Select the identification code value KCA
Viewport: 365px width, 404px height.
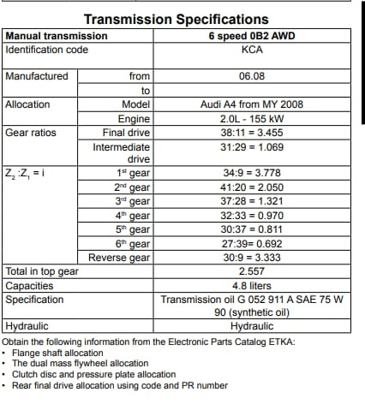(252, 50)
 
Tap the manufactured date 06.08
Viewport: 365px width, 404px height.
(252, 76)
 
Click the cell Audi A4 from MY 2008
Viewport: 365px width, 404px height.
(252, 104)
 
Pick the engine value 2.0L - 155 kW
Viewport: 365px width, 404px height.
(252, 119)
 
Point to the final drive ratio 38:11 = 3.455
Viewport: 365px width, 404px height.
(252, 134)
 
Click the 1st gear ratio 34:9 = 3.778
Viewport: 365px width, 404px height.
(252, 172)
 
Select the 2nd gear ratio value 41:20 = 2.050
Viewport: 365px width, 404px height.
(252, 187)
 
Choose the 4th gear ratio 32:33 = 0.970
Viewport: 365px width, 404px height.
(252, 216)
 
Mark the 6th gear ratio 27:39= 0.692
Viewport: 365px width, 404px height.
(252, 244)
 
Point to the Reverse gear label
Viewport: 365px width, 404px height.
(120, 258)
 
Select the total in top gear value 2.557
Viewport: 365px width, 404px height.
(252, 271)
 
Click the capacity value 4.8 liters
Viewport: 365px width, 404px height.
(252, 285)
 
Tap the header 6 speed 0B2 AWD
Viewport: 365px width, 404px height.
(252, 36)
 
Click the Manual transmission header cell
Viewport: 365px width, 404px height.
(57, 36)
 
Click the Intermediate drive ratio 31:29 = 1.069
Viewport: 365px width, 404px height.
(252, 147)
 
